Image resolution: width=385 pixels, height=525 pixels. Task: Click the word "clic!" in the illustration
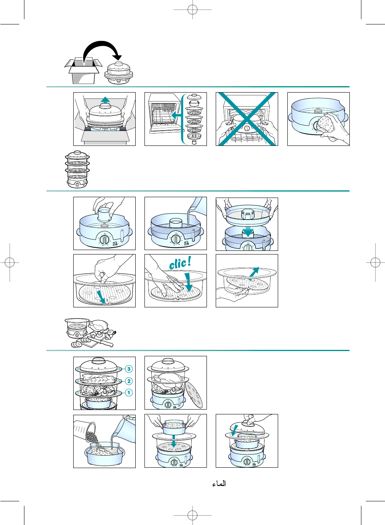tap(180, 263)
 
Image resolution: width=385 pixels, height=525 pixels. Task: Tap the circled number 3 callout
tap(128, 369)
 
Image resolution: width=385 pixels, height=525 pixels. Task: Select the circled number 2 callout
tap(128, 381)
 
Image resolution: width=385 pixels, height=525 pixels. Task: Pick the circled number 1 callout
tap(128, 393)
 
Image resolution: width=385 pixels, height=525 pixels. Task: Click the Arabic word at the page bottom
tap(219, 484)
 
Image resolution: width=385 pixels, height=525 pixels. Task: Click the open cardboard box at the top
tap(84, 71)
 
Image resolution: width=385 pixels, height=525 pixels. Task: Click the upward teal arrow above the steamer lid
tap(105, 100)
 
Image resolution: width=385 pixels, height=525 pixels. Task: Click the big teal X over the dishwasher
tap(247, 119)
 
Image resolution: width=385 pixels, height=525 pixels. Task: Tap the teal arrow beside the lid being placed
tap(235, 430)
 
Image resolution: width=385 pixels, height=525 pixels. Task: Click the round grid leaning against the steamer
tap(194, 395)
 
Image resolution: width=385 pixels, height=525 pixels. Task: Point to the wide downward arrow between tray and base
tap(248, 232)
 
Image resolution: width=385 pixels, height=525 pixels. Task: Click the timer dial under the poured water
tap(176, 239)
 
